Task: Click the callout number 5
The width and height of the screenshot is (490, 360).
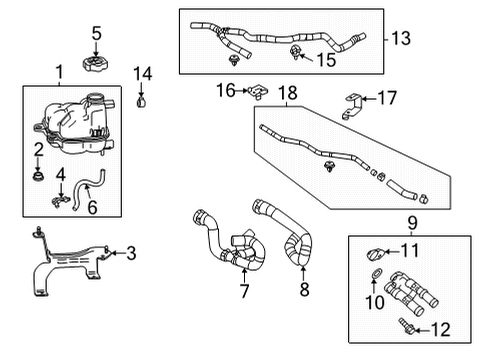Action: (x=96, y=34)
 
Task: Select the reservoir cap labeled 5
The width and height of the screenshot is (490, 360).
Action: (x=96, y=68)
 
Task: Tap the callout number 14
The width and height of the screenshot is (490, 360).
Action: (x=144, y=73)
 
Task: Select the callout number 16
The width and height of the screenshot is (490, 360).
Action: (x=227, y=91)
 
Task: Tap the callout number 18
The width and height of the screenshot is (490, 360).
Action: (x=288, y=92)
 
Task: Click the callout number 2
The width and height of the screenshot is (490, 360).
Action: (x=38, y=149)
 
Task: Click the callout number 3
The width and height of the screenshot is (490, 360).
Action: (x=131, y=254)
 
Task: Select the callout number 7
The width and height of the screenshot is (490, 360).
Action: (x=242, y=292)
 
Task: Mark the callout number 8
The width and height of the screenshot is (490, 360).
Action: (x=304, y=292)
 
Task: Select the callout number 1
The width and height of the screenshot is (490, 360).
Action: (x=58, y=72)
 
